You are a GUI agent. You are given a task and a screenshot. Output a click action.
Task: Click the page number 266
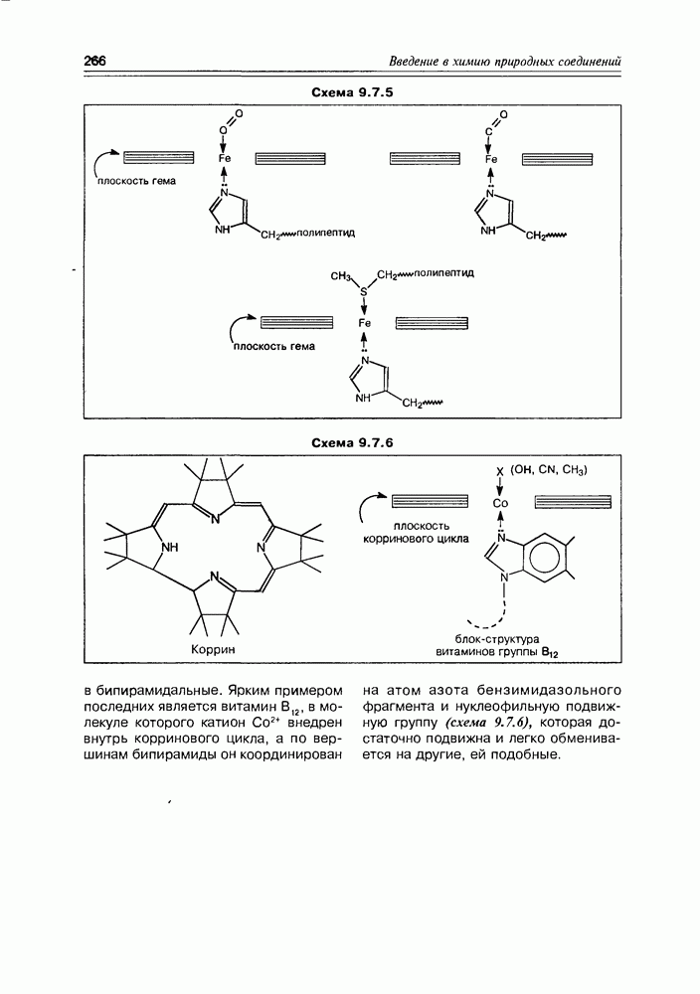[95, 63]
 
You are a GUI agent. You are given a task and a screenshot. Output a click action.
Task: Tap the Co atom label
[500, 503]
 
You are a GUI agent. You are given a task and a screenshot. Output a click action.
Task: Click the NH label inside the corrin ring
[171, 547]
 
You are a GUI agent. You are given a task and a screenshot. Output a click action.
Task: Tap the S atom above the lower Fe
[363, 293]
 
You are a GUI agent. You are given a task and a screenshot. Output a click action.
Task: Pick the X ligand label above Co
[500, 472]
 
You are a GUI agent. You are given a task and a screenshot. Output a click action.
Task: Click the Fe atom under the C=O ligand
[490, 159]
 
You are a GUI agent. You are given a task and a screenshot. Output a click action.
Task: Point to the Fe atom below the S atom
[364, 323]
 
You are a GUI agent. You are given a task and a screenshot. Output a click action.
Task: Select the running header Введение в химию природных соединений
[505, 63]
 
